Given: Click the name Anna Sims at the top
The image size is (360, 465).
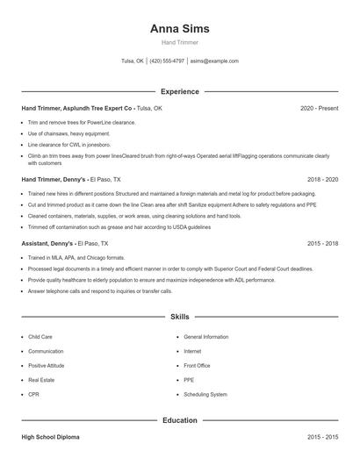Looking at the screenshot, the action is click(180, 28).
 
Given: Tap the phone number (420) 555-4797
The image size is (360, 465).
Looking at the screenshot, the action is click(167, 61).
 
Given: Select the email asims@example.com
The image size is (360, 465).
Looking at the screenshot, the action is click(214, 61).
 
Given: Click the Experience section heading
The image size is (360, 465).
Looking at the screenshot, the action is click(180, 91).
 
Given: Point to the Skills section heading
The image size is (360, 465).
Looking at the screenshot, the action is click(180, 316).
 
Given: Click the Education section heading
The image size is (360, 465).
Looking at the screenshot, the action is click(180, 420).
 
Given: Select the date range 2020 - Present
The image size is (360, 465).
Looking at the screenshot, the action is click(319, 108).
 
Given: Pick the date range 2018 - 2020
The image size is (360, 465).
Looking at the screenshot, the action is click(321, 178).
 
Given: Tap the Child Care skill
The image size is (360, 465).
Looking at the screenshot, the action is click(40, 336).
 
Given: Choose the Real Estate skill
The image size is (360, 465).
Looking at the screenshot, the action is click(42, 380).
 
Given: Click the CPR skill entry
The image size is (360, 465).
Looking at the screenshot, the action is click(34, 394).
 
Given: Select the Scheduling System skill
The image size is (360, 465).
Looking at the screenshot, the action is click(205, 394).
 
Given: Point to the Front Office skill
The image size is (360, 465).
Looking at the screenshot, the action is click(197, 365).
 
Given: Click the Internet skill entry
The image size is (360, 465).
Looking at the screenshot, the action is click(192, 351).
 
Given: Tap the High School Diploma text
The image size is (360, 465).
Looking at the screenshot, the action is click(53, 436).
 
